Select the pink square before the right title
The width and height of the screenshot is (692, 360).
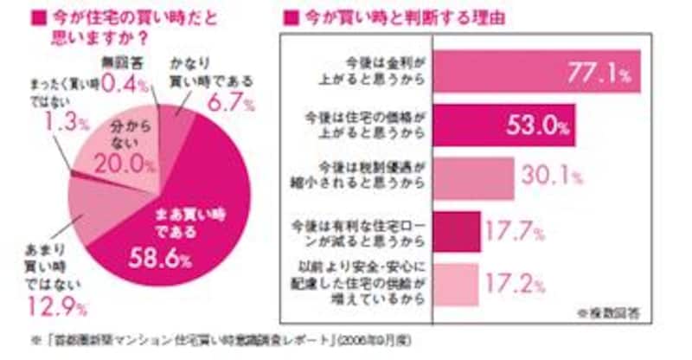click(292, 16)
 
